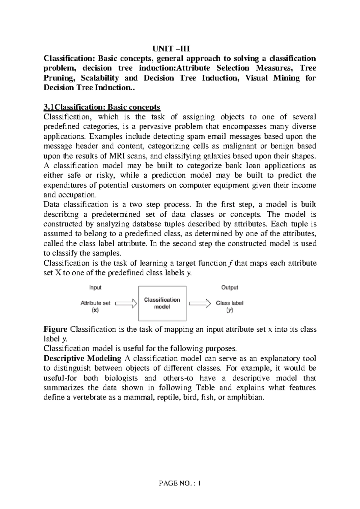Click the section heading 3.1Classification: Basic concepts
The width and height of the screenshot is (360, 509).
[102, 107]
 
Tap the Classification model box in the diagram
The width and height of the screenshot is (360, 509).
[162, 303]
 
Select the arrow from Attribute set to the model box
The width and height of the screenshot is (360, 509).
[126, 303]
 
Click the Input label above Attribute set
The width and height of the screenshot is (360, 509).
[95, 288]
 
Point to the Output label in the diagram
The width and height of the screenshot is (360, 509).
[229, 288]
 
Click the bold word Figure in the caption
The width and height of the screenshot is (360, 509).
[56, 329]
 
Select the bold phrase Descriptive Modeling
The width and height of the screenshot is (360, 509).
[82, 358]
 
